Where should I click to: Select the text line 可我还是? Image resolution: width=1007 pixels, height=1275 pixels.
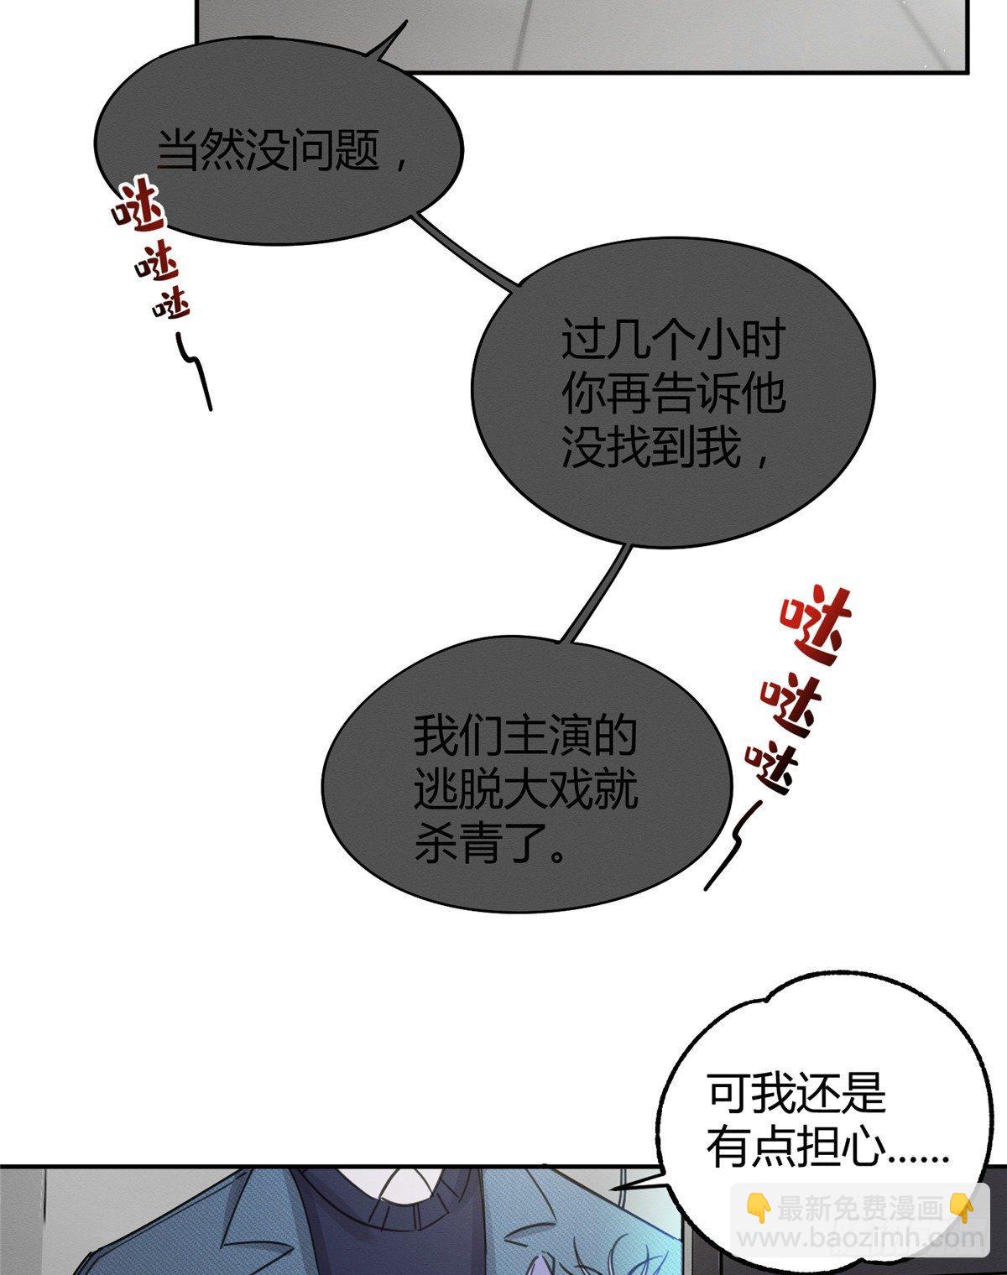796,1092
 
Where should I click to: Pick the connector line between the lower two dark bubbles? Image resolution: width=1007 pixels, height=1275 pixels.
596,593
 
